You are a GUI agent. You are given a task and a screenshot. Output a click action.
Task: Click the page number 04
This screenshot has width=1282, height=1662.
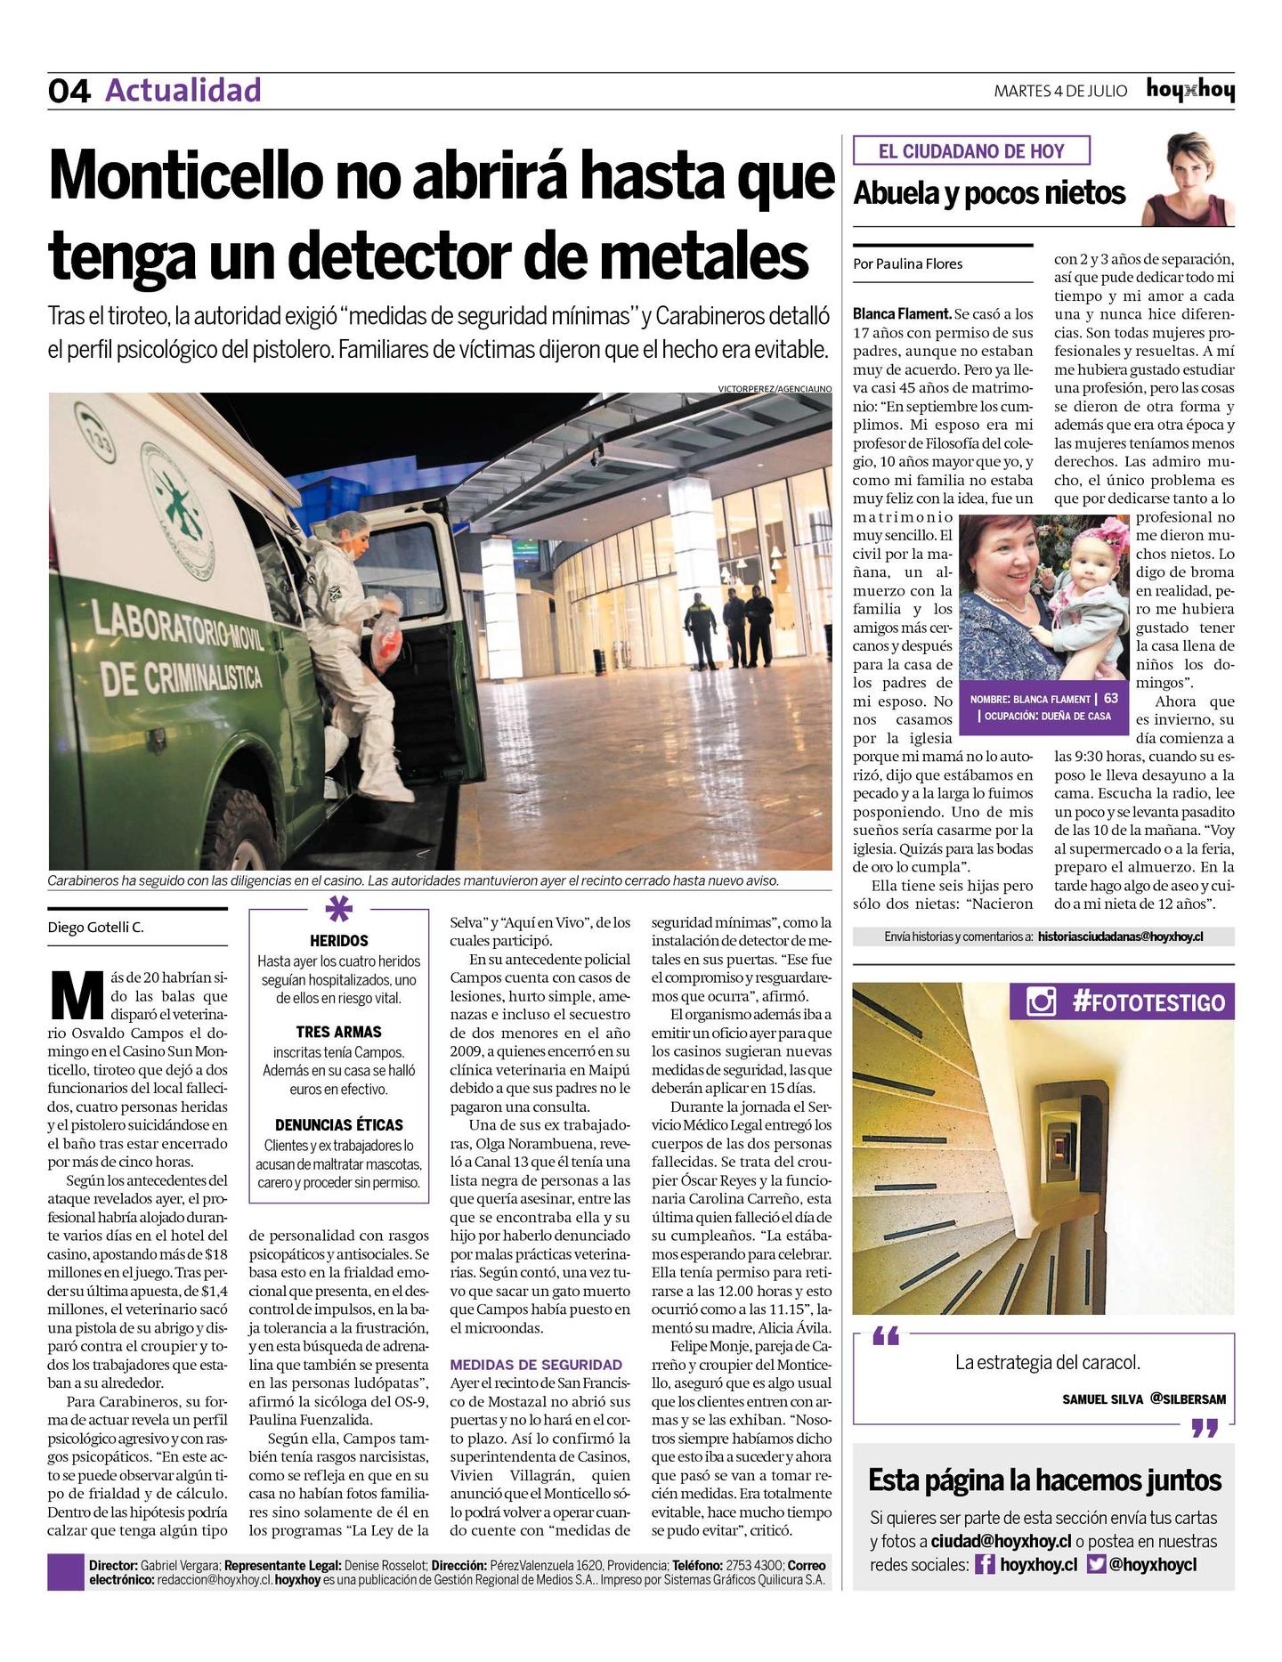(x=69, y=92)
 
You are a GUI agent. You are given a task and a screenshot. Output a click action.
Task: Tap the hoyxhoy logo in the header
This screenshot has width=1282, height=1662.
(x=1190, y=91)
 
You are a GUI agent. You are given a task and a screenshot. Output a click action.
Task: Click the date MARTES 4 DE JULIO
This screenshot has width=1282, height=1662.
(x=1060, y=91)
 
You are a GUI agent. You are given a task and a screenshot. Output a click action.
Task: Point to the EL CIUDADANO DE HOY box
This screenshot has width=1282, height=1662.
(x=971, y=150)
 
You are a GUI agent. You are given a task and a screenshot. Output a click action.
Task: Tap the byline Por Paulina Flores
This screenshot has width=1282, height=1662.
(x=907, y=263)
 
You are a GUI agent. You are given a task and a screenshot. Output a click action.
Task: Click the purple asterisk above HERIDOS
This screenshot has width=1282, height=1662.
(x=338, y=910)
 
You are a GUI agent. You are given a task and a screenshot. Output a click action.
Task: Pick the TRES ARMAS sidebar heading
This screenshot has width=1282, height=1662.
(x=338, y=1032)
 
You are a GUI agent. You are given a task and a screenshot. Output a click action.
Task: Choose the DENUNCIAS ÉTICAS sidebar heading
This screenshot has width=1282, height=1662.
(x=338, y=1125)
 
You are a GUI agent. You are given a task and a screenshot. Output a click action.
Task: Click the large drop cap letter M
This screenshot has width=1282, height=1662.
(x=77, y=998)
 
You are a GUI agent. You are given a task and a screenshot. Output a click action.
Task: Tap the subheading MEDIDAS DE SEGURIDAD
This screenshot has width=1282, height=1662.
(x=536, y=1364)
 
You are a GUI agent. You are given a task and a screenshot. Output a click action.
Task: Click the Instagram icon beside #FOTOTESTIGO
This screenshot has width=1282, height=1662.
(x=1041, y=1002)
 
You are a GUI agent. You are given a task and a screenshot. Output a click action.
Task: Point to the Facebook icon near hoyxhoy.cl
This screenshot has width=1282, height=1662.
(x=984, y=1564)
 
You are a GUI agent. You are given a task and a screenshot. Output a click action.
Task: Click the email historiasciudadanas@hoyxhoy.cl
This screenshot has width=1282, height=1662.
(x=1120, y=936)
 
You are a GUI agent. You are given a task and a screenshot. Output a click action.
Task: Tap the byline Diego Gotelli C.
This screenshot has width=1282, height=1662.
(x=95, y=928)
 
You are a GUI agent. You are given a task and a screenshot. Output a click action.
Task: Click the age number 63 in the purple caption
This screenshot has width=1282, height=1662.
(x=1111, y=699)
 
